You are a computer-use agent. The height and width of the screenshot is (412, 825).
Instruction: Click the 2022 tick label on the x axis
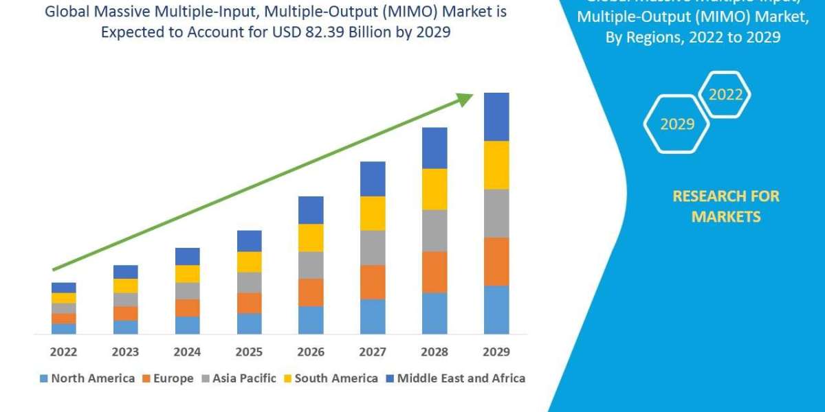[63, 352]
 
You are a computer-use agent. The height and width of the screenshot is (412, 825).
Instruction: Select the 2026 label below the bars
[311, 352]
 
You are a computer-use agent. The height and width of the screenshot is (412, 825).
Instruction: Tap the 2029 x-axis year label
[496, 352]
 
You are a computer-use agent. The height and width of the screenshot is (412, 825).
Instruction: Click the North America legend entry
[87, 378]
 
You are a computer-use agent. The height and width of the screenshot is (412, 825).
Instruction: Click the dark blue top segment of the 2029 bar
[496, 117]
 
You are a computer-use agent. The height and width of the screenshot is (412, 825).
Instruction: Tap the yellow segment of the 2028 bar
[434, 189]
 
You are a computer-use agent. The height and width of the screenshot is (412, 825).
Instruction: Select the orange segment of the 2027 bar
[373, 282]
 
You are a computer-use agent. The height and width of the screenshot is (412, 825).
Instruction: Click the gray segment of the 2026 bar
[311, 265]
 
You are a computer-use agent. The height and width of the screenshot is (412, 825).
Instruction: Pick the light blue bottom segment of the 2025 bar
[249, 323]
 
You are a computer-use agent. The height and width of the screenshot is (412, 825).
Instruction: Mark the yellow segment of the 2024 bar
[187, 273]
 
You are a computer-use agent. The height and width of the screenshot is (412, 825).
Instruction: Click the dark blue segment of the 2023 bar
[125, 272]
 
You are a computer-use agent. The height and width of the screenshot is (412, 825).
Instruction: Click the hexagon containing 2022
[725, 95]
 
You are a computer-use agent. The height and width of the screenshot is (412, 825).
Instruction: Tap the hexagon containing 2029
[676, 124]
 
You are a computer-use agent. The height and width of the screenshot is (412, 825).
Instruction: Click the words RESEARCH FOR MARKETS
[725, 206]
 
